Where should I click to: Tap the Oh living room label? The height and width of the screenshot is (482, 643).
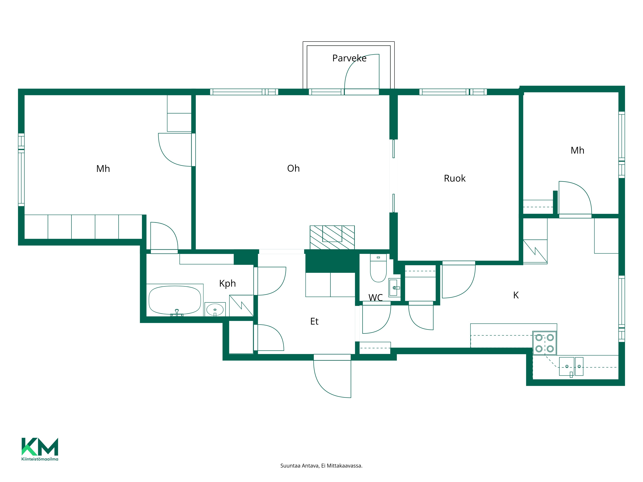pyautogui.click(x=293, y=168)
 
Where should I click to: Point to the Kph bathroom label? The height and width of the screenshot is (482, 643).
pyautogui.click(x=227, y=283)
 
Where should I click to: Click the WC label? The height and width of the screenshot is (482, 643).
pyautogui.click(x=376, y=298)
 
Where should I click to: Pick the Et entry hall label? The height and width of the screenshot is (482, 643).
pyautogui.click(x=314, y=321)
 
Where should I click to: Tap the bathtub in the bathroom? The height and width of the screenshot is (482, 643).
pyautogui.click(x=175, y=300)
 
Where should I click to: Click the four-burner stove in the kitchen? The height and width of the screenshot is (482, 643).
pyautogui.click(x=544, y=343)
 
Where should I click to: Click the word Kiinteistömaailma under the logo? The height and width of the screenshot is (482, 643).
pyautogui.click(x=40, y=459)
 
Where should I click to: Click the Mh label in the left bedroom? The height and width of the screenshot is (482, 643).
pyautogui.click(x=103, y=169)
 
